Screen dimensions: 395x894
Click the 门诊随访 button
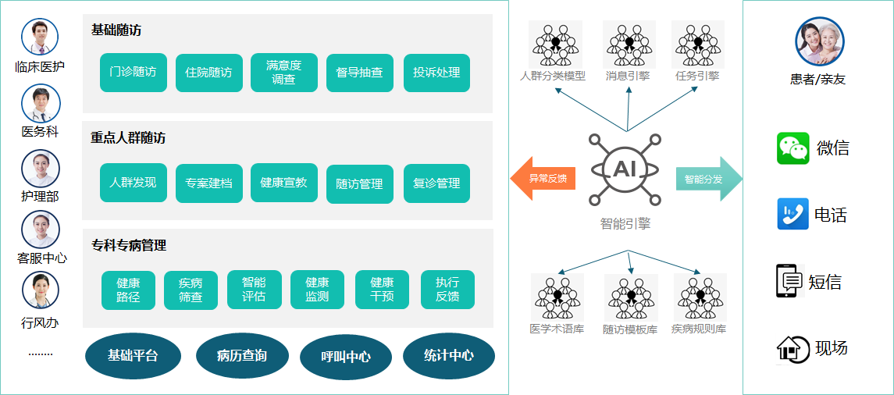tap(134, 73)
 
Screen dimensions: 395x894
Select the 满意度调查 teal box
tap(283, 73)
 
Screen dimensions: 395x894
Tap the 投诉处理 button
tap(436, 73)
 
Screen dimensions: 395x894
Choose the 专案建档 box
tap(208, 183)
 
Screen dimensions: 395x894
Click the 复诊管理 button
tap(436, 183)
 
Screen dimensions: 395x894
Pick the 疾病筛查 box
tap(191, 290)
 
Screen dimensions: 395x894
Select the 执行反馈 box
tap(447, 290)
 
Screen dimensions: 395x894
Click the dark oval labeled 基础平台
tap(133, 356)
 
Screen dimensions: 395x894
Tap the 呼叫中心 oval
tap(346, 357)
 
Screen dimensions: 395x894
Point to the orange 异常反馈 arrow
tap(543, 179)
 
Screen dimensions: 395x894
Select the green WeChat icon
tap(792, 148)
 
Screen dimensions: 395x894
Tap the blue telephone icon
tap(792, 214)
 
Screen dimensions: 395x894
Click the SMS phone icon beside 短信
tap(789, 281)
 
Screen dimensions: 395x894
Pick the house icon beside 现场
tap(792, 348)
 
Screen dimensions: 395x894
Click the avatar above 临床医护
tap(40, 37)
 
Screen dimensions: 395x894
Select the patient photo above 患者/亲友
tap(819, 42)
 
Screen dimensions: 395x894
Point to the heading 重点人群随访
tap(128, 137)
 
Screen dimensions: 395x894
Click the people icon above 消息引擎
tap(629, 44)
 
